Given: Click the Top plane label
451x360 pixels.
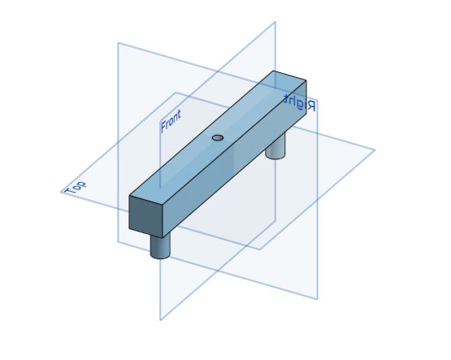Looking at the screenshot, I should pyautogui.click(x=75, y=186).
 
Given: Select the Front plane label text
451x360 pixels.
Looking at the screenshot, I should pyautogui.click(x=171, y=120).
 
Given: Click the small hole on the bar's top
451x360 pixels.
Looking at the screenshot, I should pyautogui.click(x=217, y=137).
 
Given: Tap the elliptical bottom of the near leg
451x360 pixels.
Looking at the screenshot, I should pyautogui.click(x=160, y=254).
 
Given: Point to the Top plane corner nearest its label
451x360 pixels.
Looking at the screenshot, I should pyautogui.click(x=62, y=193).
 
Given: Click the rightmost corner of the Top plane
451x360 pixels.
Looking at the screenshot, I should pyautogui.click(x=375, y=150).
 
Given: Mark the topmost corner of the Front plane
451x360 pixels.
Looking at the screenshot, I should pyautogui.click(x=275, y=22).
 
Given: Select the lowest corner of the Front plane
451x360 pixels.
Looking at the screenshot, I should pyautogui.click(x=160, y=320).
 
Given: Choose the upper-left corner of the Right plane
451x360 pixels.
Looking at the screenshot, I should pyautogui.click(x=119, y=42).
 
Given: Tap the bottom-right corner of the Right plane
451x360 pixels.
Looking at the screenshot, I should pyautogui.click(x=317, y=299).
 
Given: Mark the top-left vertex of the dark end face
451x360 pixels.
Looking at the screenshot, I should pyautogui.click(x=130, y=196).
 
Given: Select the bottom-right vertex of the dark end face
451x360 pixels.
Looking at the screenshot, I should pyautogui.click(x=163, y=237).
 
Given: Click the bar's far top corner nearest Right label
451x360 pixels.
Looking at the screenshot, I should pyautogui.click(x=306, y=80).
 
